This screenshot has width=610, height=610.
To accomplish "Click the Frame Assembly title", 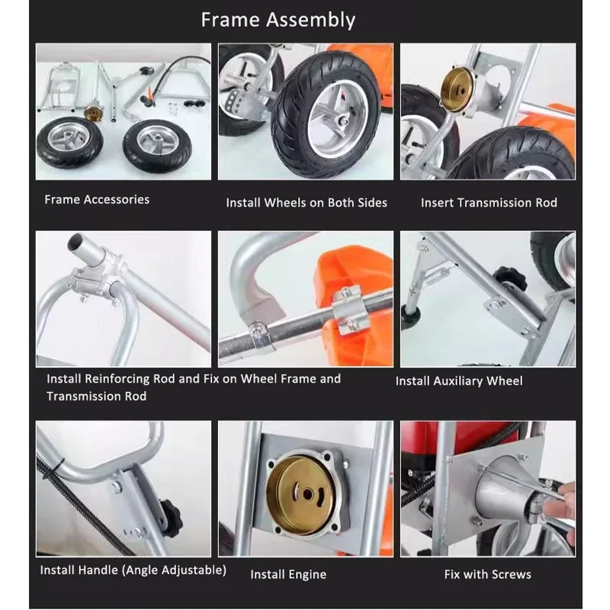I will tap(278, 20).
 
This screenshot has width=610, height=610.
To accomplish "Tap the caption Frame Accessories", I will tap(97, 200).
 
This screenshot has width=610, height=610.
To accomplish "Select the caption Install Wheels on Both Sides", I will tap(307, 203).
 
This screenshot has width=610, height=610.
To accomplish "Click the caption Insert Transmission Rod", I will tap(489, 203).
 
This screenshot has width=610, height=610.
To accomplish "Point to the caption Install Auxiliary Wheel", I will tap(459, 380).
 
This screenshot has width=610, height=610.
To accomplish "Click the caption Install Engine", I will tap(288, 574).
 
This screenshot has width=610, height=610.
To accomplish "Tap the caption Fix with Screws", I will tap(488, 574).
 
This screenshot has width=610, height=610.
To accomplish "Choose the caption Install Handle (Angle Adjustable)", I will tap(133, 570).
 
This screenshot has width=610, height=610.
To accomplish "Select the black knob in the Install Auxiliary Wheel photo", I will tap(509, 280).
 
